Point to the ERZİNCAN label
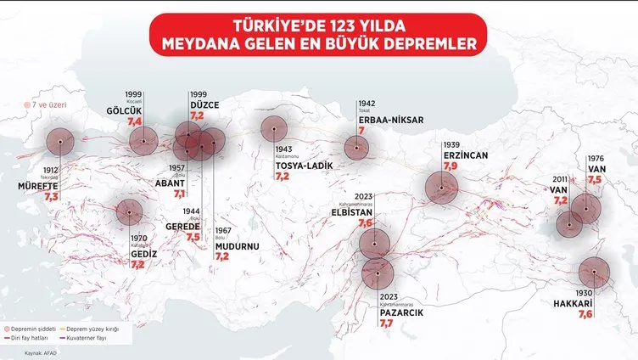click(463, 155)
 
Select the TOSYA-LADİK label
click(303, 165)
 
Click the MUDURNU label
click(238, 245)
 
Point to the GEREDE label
click(182, 227)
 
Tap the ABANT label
click(170, 182)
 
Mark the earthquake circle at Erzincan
click(441, 187)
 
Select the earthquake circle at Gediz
click(129, 211)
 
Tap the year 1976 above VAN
click(596, 158)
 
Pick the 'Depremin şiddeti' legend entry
click(52, 328)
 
